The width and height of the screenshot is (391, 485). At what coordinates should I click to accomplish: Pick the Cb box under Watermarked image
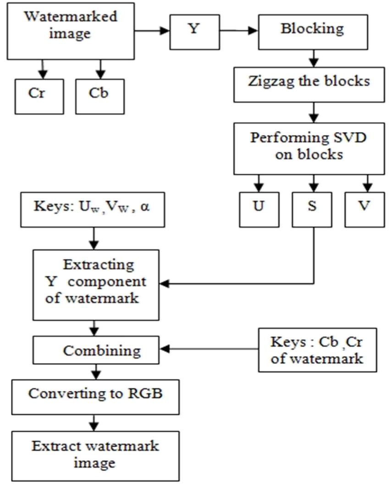click(x=100, y=97)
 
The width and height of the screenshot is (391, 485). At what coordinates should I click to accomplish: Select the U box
click(x=259, y=206)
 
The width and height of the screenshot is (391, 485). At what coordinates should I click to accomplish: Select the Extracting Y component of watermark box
click(x=95, y=284)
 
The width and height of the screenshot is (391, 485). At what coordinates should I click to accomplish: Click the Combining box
click(x=95, y=351)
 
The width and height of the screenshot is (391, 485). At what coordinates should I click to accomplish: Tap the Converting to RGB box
click(x=95, y=394)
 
